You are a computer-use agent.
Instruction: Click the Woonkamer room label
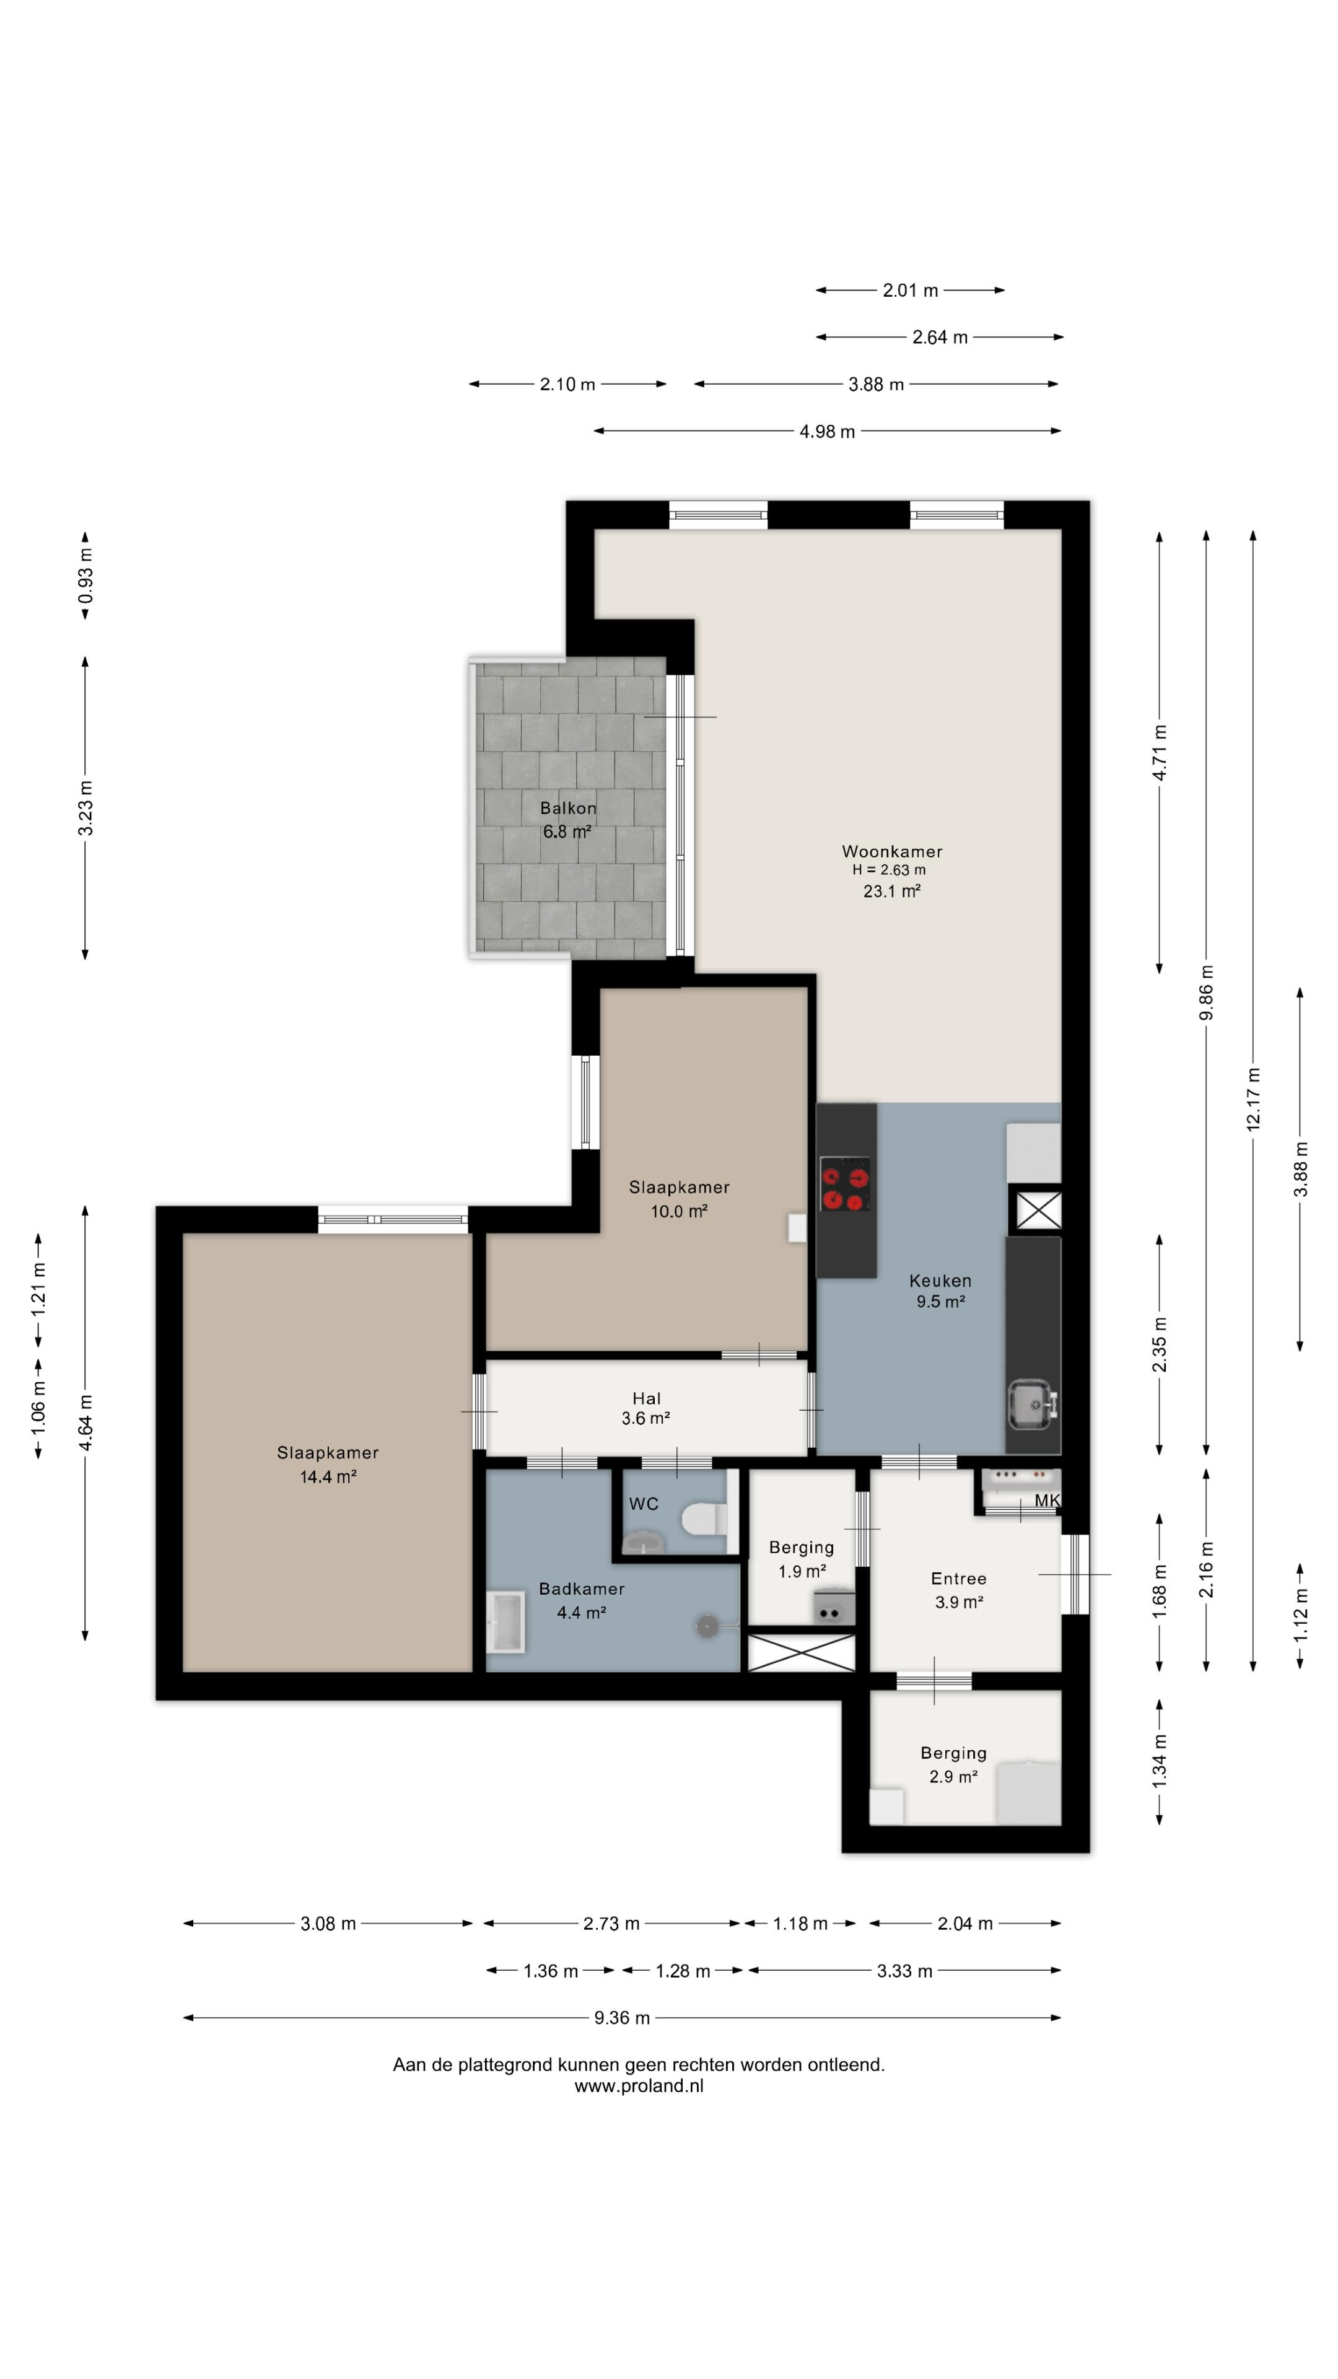pyautogui.click(x=891, y=851)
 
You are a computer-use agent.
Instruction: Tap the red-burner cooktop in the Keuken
pyautogui.click(x=845, y=1184)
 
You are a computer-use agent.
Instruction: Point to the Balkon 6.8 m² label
pyautogui.click(x=568, y=819)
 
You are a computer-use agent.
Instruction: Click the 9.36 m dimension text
pyautogui.click(x=621, y=2017)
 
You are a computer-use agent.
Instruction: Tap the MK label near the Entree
pyautogui.click(x=1046, y=1501)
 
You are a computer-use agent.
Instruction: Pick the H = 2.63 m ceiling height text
pyautogui.click(x=888, y=870)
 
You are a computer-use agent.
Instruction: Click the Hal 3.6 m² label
pyautogui.click(x=645, y=1408)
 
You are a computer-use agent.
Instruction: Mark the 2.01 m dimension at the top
pyautogui.click(x=909, y=290)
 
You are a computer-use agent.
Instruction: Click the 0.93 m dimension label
pyautogui.click(x=85, y=576)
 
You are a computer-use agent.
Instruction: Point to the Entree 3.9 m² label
pyautogui.click(x=958, y=1590)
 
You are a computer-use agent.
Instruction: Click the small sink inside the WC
pyautogui.click(x=643, y=1541)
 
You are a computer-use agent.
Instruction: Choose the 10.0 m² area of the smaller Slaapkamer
pyautogui.click(x=679, y=1211)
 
